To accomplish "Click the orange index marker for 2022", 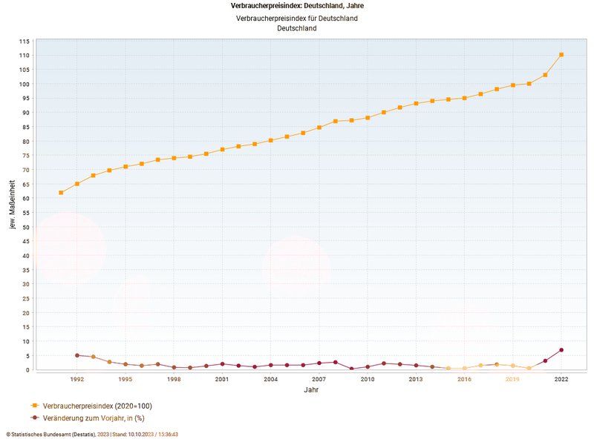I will point(561,55).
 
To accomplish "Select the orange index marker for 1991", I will point(61,193).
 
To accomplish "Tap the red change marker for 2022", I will point(561,350).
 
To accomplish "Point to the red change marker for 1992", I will point(77,355).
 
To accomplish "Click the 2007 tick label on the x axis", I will point(319,379).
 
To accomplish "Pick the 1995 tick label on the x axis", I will point(125,379).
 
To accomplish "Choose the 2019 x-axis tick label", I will point(513,379).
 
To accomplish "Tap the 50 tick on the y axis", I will point(25,227).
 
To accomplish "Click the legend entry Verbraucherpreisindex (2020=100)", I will point(97,406).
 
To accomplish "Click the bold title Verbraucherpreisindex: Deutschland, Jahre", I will point(297,6).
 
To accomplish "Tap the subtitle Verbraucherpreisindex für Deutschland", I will point(297,18).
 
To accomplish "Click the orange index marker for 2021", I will point(545,75).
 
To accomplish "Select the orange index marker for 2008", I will point(336,121).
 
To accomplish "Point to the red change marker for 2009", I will point(352,369).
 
